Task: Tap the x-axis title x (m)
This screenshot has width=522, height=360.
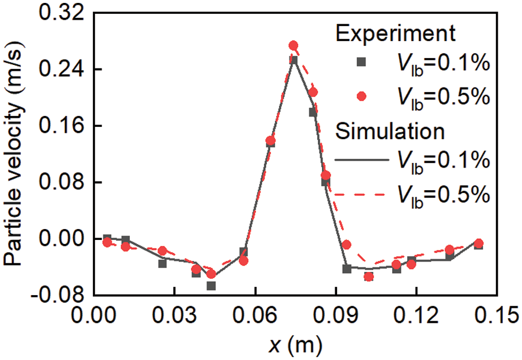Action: [293, 346]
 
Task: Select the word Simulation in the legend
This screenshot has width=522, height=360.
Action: [390, 132]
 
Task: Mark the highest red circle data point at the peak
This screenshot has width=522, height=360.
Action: [293, 46]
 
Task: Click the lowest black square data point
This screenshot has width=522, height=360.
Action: [211, 286]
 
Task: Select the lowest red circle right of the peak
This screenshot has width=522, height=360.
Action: [368, 277]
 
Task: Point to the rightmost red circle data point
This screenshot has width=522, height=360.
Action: [478, 243]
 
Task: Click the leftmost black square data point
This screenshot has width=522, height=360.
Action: [107, 238]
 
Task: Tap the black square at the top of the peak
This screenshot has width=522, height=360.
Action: [294, 60]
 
